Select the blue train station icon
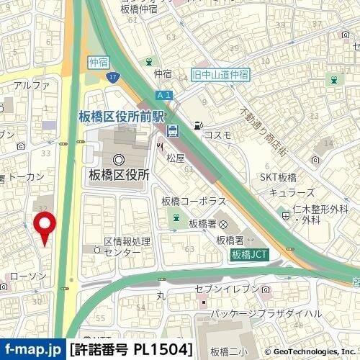(x=174, y=130)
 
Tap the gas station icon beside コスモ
(x=197, y=126)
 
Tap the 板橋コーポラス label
(x=194, y=200)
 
